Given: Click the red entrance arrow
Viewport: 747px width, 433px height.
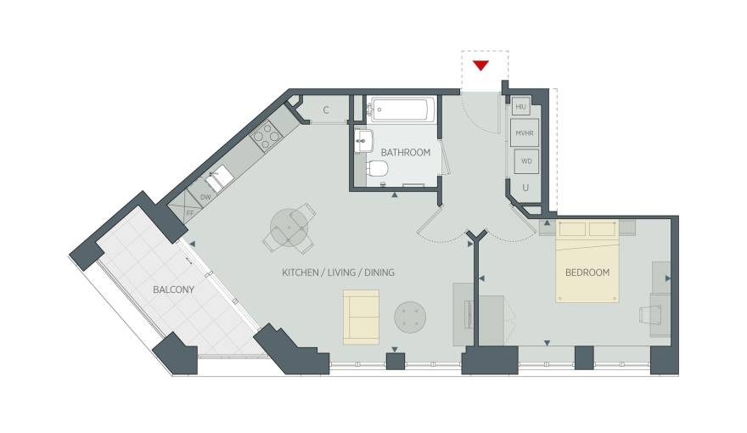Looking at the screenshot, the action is pyautogui.click(x=480, y=65).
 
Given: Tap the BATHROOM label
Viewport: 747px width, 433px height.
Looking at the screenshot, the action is pyautogui.click(x=406, y=153).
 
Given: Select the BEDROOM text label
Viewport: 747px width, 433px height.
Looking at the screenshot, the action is pyautogui.click(x=587, y=273).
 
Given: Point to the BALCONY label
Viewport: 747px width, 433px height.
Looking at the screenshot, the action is pyautogui.click(x=173, y=290).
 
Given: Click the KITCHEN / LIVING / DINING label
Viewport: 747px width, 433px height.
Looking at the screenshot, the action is pyautogui.click(x=338, y=273).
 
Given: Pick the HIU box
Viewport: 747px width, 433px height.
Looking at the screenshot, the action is pyautogui.click(x=520, y=107).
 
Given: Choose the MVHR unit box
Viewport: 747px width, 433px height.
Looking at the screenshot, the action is pyautogui.click(x=525, y=133).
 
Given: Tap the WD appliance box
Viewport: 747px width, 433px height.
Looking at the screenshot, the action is pyautogui.click(x=526, y=161).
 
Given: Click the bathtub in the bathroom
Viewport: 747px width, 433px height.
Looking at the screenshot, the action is pyautogui.click(x=402, y=110).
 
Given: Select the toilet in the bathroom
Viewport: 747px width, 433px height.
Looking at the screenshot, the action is pyautogui.click(x=378, y=167).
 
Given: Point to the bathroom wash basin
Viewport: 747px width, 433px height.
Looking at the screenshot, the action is pyautogui.click(x=364, y=141).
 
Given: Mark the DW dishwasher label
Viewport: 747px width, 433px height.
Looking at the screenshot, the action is pyautogui.click(x=205, y=197).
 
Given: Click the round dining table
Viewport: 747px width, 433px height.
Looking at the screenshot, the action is pyautogui.click(x=289, y=228).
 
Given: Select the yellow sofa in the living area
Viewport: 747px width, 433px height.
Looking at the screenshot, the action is pyautogui.click(x=361, y=318).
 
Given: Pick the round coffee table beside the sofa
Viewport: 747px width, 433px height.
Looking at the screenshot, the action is pyautogui.click(x=410, y=318).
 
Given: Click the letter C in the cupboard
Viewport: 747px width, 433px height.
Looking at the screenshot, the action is pyautogui.click(x=326, y=110).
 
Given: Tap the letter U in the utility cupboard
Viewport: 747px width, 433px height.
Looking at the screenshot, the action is pyautogui.click(x=525, y=188).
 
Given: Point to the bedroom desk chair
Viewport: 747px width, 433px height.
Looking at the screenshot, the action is pyautogui.click(x=650, y=315).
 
